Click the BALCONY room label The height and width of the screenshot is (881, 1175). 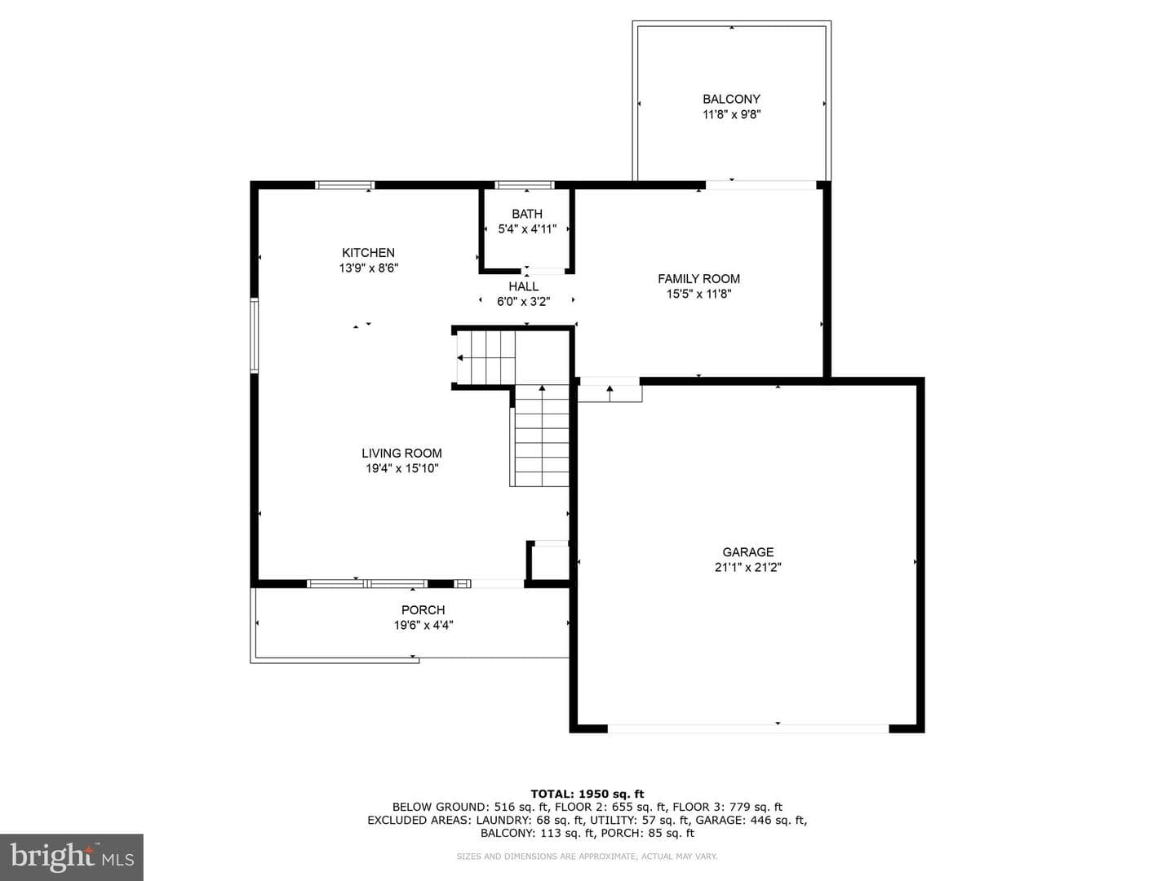(731, 99)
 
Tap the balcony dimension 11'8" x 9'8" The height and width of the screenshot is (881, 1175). (731, 114)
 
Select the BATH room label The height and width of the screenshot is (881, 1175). (527, 214)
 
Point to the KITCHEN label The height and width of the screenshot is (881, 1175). (368, 253)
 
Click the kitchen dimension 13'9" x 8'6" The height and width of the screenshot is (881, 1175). (368, 268)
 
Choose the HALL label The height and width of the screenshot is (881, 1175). (524, 286)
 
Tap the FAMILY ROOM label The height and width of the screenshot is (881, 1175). (698, 279)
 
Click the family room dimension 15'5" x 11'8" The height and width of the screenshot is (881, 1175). (698, 294)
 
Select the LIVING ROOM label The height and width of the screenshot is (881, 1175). (401, 453)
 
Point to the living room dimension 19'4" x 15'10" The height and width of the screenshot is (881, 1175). (401, 468)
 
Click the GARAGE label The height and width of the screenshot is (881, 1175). (747, 552)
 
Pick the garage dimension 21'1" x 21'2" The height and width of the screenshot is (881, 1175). (747, 568)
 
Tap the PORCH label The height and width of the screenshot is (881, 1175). (423, 610)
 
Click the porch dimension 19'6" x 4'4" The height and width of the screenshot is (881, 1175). (423, 626)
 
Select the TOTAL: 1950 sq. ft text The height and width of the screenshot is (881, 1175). (587, 794)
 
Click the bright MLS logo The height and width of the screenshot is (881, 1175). (72, 857)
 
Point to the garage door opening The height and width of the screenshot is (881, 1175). (747, 728)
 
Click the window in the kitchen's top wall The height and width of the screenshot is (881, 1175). (344, 186)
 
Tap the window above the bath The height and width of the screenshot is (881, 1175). (525, 186)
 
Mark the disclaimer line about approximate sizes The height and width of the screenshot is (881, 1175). (587, 857)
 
